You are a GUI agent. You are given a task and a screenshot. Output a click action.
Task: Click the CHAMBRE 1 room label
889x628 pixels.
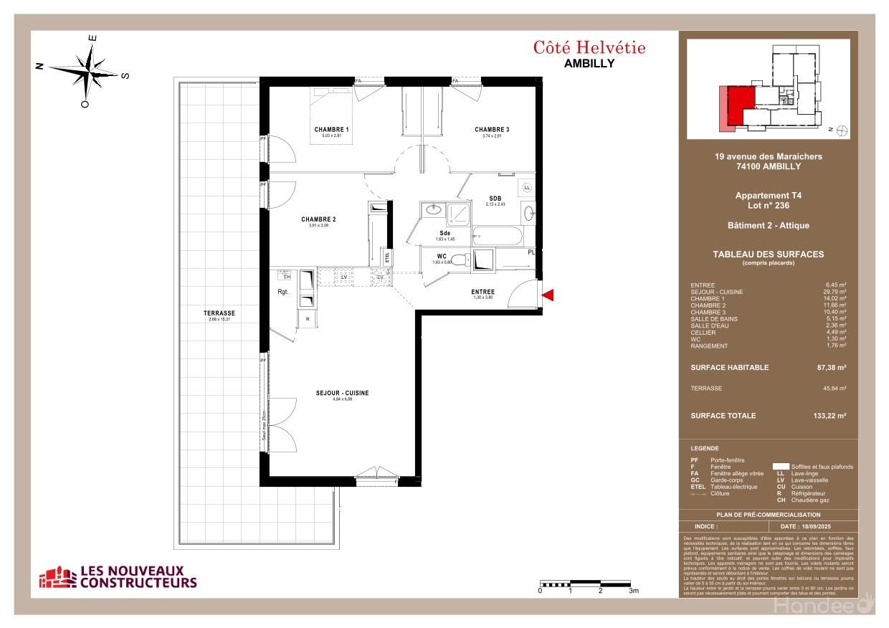tap(331, 130)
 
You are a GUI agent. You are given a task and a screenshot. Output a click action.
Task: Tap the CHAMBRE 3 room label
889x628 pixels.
tap(492, 130)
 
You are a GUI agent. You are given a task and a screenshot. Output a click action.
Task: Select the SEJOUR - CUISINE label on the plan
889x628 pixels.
tap(342, 393)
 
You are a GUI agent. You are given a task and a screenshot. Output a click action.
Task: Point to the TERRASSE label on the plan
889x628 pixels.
tap(219, 313)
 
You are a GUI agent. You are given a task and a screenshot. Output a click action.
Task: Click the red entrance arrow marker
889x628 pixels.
tap(548, 295)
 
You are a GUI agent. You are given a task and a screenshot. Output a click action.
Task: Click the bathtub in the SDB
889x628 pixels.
tap(499, 236)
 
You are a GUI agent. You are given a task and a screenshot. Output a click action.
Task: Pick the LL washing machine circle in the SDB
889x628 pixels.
tap(527, 187)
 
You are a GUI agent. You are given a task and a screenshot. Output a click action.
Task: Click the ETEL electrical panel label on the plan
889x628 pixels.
tap(388, 258)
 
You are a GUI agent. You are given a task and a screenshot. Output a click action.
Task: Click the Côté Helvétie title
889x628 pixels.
tap(589, 48)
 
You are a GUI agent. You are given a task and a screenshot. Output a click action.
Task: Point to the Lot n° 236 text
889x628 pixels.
tap(768, 205)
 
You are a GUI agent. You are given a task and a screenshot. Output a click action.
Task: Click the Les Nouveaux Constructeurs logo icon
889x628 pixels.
tap(57, 576)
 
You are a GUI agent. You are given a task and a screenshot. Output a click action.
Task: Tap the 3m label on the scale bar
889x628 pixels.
tap(633, 591)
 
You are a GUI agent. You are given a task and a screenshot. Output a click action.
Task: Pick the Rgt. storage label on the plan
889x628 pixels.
tap(283, 291)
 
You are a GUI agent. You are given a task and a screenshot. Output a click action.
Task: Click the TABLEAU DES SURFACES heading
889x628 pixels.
tap(768, 254)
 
